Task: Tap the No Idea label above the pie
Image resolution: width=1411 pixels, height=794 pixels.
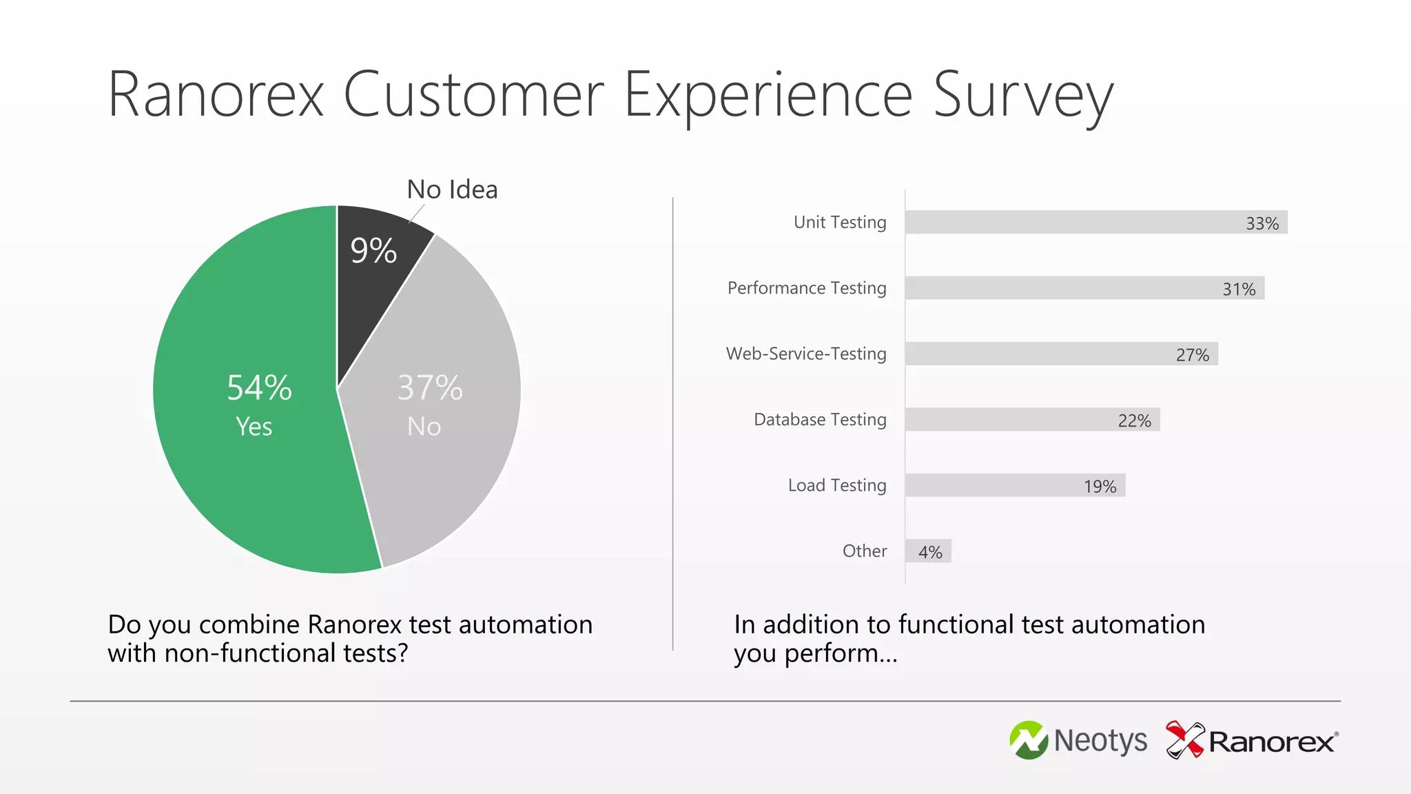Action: coord(452,190)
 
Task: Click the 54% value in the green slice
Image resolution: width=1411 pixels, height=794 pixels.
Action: coord(259,387)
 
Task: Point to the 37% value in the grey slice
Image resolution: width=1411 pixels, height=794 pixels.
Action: coord(430,387)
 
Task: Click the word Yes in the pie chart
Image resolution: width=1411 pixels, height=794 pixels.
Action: coord(254,427)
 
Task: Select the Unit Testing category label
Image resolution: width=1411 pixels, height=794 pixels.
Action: coord(839,222)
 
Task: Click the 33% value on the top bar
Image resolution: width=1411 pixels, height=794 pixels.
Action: coord(1261,223)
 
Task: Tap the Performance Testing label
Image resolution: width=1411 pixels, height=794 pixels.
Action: coord(806,287)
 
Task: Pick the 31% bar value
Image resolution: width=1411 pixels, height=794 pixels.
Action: coord(1238,289)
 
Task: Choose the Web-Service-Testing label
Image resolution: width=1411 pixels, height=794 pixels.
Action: coord(805,354)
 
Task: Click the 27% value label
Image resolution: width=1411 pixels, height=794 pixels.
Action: coord(1192,355)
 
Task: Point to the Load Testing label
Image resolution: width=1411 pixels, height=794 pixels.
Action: coord(836,485)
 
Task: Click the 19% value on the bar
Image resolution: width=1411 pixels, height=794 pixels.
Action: coord(1100,487)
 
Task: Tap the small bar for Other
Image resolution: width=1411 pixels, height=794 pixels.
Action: coord(928,551)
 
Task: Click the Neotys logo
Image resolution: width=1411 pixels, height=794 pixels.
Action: coord(1078,741)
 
